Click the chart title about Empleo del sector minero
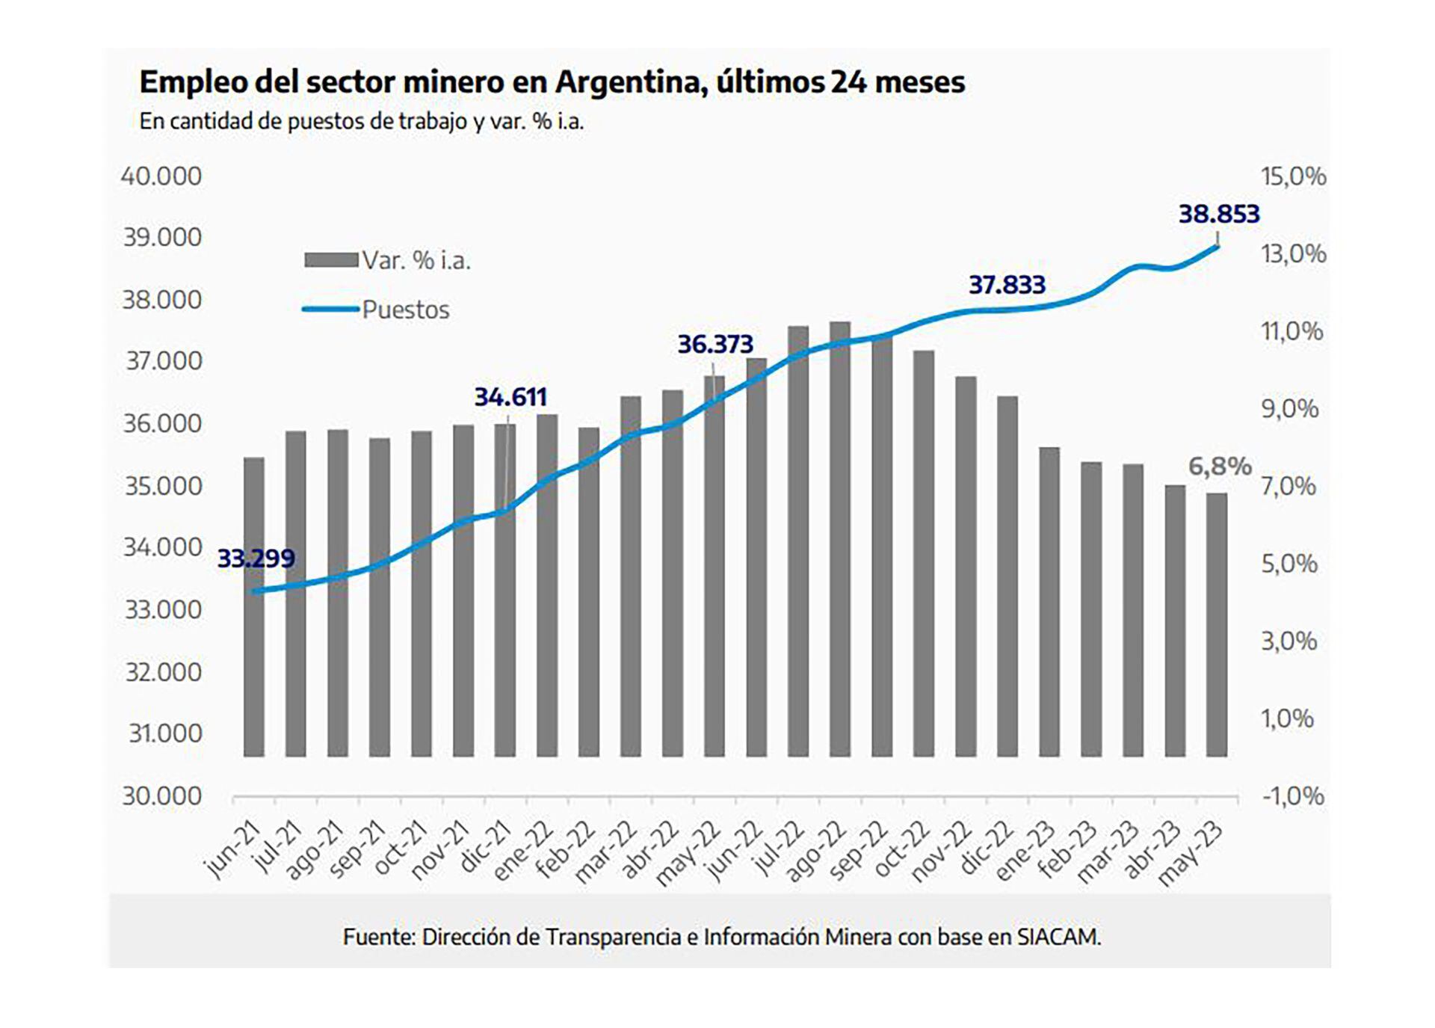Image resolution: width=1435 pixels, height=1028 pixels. (552, 82)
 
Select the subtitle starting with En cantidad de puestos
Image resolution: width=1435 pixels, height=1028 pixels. (361, 121)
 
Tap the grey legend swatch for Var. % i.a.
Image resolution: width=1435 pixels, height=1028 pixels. (330, 260)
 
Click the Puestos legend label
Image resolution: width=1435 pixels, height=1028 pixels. (406, 310)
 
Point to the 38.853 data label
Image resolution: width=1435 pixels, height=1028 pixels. (1219, 215)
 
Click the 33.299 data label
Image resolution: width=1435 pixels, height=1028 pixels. (256, 558)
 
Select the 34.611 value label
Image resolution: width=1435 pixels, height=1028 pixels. (510, 397)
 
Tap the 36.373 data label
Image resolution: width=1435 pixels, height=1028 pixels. (715, 345)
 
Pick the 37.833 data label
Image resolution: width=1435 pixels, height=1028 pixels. (1007, 285)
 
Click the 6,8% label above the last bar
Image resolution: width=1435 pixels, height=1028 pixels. (1219, 467)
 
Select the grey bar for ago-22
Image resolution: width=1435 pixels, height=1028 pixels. (840, 538)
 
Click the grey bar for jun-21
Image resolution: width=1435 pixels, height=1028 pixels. (254, 606)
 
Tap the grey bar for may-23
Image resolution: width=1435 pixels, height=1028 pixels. (1217, 624)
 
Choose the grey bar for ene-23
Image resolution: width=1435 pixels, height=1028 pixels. (1049, 602)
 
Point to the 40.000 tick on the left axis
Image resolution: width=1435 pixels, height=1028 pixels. (161, 176)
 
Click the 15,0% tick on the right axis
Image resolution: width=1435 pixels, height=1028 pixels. (1293, 176)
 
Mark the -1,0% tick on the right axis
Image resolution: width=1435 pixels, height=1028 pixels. (1292, 795)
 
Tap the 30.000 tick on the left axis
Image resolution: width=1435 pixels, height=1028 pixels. (161, 795)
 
